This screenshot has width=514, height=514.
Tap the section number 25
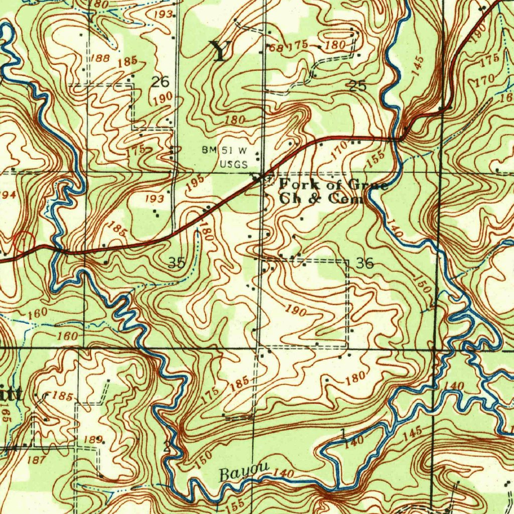point(358,86)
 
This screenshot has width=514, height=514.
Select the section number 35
point(176,263)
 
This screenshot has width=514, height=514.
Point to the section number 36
point(364,263)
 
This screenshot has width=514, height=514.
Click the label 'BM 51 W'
point(225,150)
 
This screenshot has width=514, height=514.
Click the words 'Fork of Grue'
point(333,184)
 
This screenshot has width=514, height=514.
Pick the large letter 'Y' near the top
point(220,51)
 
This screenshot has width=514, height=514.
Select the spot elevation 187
point(36,459)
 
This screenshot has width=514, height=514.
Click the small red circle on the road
point(24,241)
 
